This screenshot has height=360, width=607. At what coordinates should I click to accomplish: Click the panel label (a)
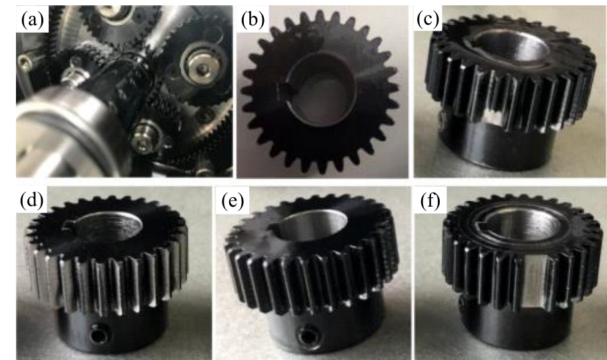(x=33, y=19)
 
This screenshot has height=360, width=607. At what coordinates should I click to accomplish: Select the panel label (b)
(x=253, y=19)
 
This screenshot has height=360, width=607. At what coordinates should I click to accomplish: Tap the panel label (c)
(x=428, y=19)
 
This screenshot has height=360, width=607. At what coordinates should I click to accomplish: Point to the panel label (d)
(x=32, y=200)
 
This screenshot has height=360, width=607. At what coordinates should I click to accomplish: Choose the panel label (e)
(x=233, y=201)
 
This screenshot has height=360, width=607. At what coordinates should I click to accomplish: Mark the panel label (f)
(x=430, y=201)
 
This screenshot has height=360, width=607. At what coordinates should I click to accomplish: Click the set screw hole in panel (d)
(x=97, y=333)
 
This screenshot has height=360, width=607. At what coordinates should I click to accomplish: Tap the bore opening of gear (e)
(x=312, y=225)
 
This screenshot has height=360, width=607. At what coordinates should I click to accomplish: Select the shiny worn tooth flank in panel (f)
(x=532, y=280)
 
